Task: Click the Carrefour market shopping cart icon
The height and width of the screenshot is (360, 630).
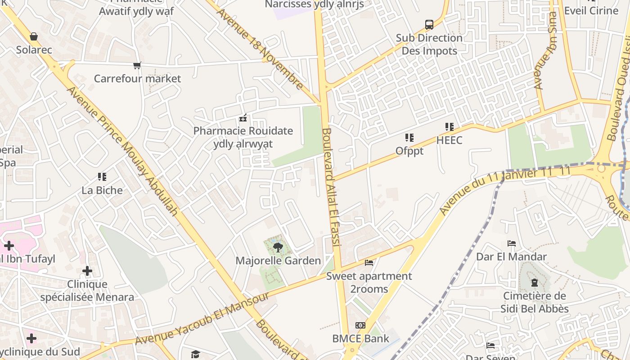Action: pyautogui.click(x=137, y=66)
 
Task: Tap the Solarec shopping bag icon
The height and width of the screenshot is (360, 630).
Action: pyautogui.click(x=34, y=36)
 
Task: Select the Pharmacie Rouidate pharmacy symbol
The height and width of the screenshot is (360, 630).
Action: pyautogui.click(x=243, y=118)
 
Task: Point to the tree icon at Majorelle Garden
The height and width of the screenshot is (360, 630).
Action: pyautogui.click(x=278, y=247)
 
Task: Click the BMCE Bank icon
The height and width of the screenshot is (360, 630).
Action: pyautogui.click(x=360, y=325)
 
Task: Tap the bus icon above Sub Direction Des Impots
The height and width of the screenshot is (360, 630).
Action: pyautogui.click(x=429, y=24)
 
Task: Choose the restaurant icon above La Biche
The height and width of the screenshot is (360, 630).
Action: pyautogui.click(x=102, y=177)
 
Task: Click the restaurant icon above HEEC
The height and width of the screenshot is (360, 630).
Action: pyautogui.click(x=449, y=127)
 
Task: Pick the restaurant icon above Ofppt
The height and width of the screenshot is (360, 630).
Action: pyautogui.click(x=409, y=137)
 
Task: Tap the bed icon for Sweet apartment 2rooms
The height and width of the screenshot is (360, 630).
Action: pyautogui.click(x=369, y=262)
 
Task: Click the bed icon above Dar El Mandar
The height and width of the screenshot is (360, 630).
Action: pyautogui.click(x=512, y=243)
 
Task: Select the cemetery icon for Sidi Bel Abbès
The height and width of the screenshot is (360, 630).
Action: pyautogui.click(x=534, y=283)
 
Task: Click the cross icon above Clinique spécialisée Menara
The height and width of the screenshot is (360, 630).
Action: pyautogui.click(x=87, y=271)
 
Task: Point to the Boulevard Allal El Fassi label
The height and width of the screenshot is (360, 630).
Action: pyautogui.click(x=330, y=187)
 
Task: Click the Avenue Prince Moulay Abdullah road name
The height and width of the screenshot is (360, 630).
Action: pyautogui.click(x=122, y=151)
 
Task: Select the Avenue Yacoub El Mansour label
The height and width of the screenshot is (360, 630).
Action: pyautogui.click(x=202, y=319)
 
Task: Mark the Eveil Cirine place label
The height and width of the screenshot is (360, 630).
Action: pyautogui.click(x=591, y=10)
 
